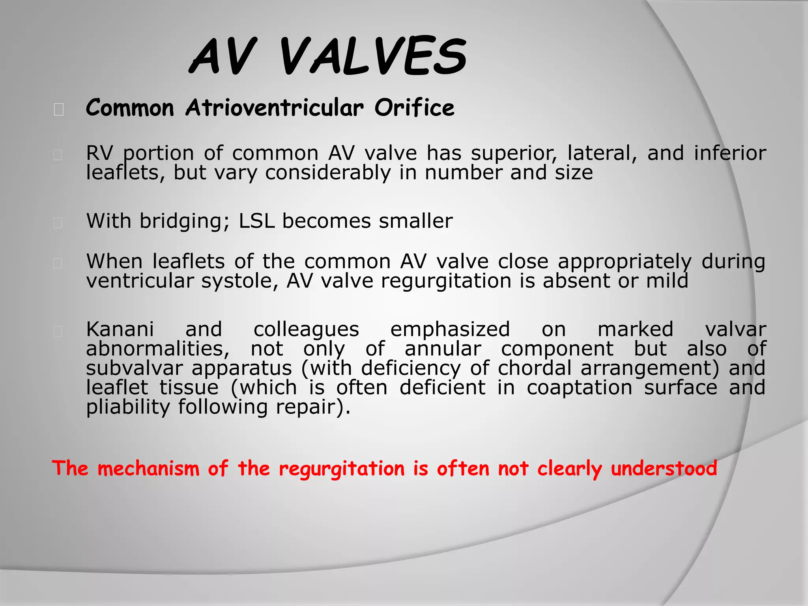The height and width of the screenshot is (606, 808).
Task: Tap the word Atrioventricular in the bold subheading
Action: pyautogui.click(x=275, y=108)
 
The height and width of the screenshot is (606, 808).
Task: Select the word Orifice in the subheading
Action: pyautogui.click(x=414, y=108)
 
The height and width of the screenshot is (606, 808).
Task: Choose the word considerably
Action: pyautogui.click(x=327, y=173)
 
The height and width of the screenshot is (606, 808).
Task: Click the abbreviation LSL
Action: pyautogui.click(x=256, y=221)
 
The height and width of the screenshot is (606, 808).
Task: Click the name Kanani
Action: pyautogui.click(x=120, y=329)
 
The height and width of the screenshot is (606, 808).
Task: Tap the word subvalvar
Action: pyautogui.click(x=134, y=368)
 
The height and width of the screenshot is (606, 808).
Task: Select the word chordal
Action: pyautogui.click(x=534, y=368)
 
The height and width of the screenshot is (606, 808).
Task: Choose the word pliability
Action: pyautogui.click(x=128, y=407)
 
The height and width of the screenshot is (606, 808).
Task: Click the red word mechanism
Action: pyautogui.click(x=148, y=469)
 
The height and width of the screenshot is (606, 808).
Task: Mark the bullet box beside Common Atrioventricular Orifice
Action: pyautogui.click(x=59, y=109)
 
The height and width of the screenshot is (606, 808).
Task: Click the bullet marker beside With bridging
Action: pyautogui.click(x=58, y=223)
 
